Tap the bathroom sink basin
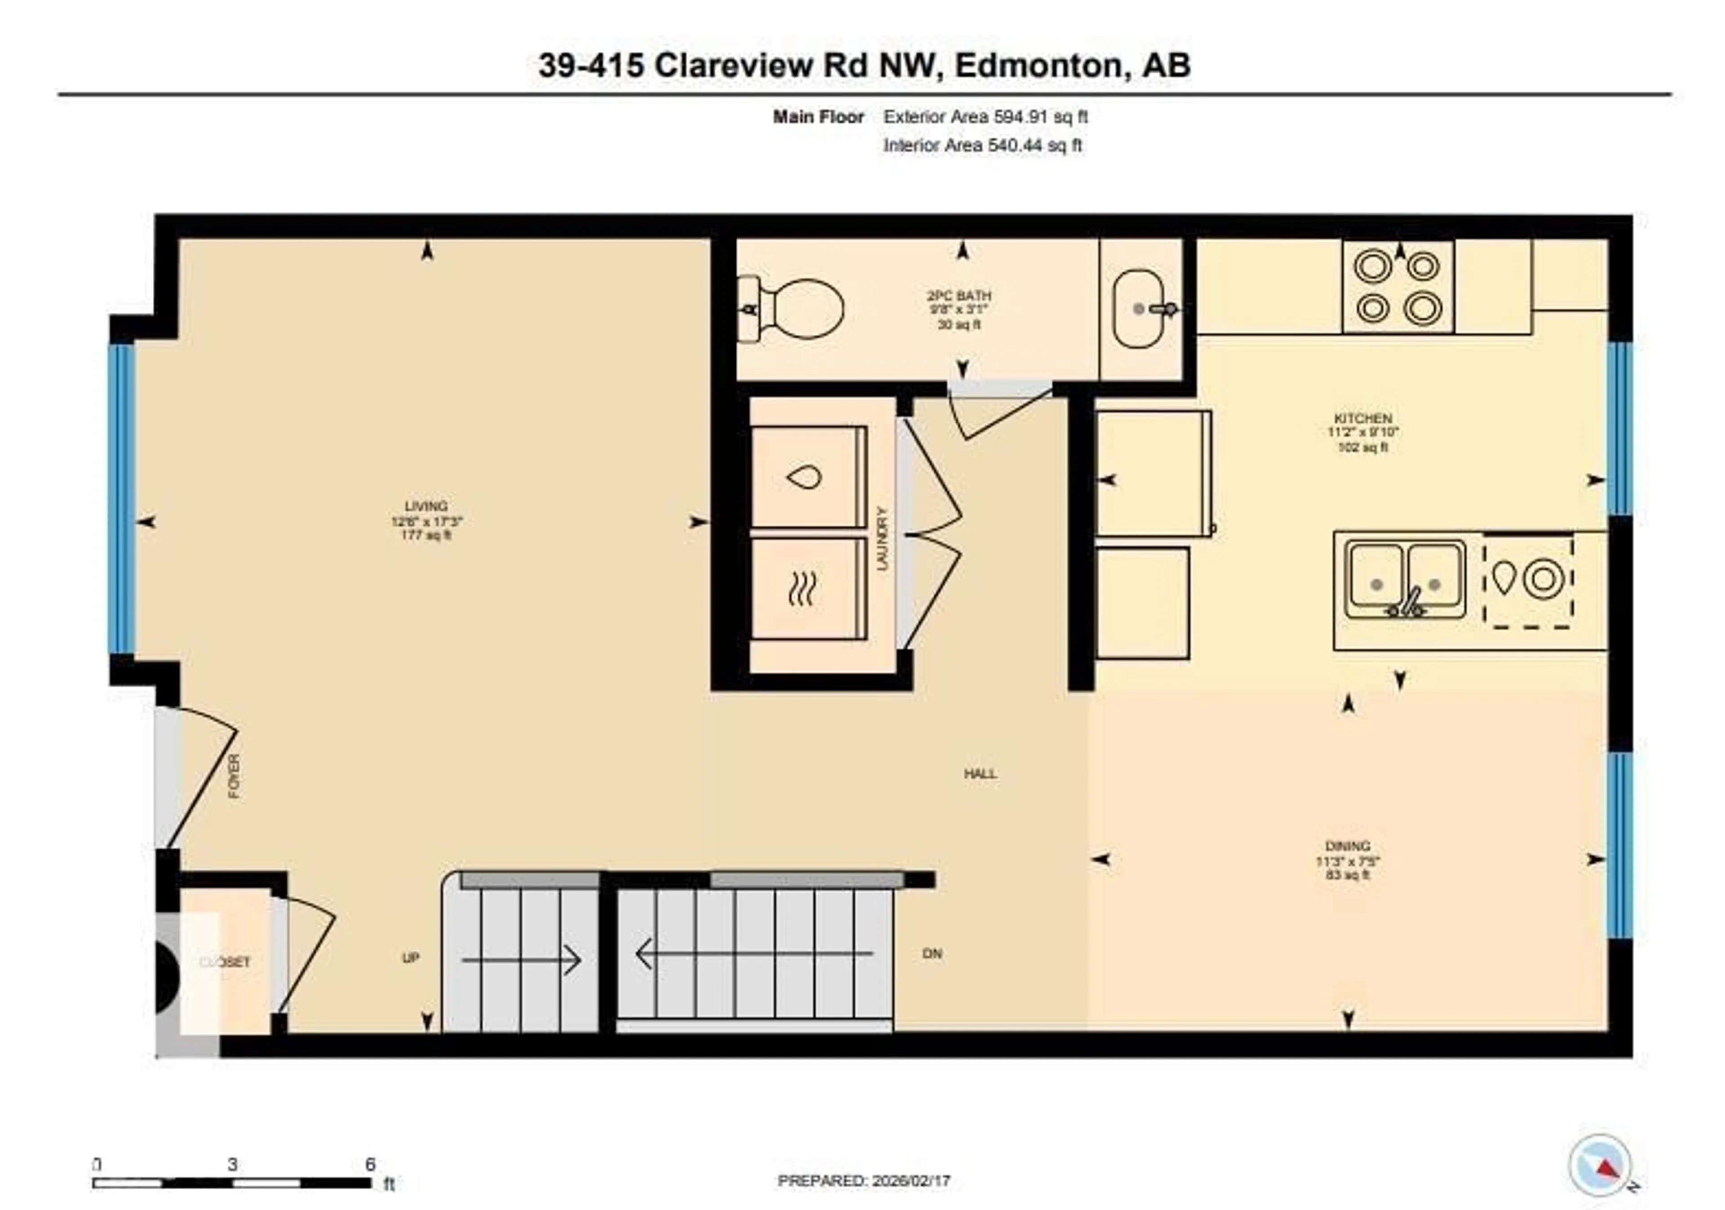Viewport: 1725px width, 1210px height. pyautogui.click(x=1138, y=309)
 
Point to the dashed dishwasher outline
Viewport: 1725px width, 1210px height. pyautogui.click(x=1528, y=580)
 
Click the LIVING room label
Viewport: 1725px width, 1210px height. pyautogui.click(x=426, y=506)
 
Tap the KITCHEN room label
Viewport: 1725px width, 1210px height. pyautogui.click(x=1363, y=418)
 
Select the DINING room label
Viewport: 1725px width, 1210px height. pyautogui.click(x=1348, y=846)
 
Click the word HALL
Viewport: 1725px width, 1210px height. pyautogui.click(x=981, y=773)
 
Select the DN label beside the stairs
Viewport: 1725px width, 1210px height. pyautogui.click(x=932, y=954)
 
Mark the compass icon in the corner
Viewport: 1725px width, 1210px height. pyautogui.click(x=1600, y=1165)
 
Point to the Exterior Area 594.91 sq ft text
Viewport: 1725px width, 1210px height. pyautogui.click(x=985, y=116)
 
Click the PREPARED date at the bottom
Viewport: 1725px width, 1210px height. pyautogui.click(x=864, y=1181)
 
